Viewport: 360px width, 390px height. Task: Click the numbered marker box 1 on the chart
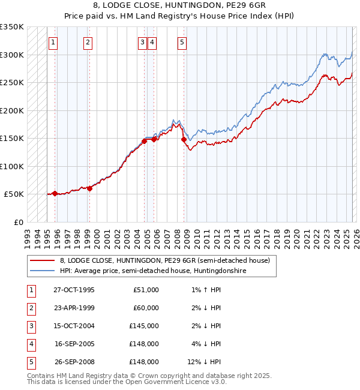coord(54,42)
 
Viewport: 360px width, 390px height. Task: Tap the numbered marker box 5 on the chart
coord(182,42)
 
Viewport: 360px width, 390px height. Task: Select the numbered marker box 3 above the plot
coord(143,42)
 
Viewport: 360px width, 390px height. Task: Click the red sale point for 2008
coord(184,139)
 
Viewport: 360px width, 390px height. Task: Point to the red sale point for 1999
coord(89,188)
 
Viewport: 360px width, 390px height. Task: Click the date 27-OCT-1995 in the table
coord(74,290)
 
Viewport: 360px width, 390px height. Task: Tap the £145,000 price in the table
coord(144,326)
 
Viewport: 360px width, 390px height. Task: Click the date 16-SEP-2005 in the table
coord(74,344)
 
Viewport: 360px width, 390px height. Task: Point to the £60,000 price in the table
coord(146,308)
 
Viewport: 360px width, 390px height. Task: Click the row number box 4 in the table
coord(31,344)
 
